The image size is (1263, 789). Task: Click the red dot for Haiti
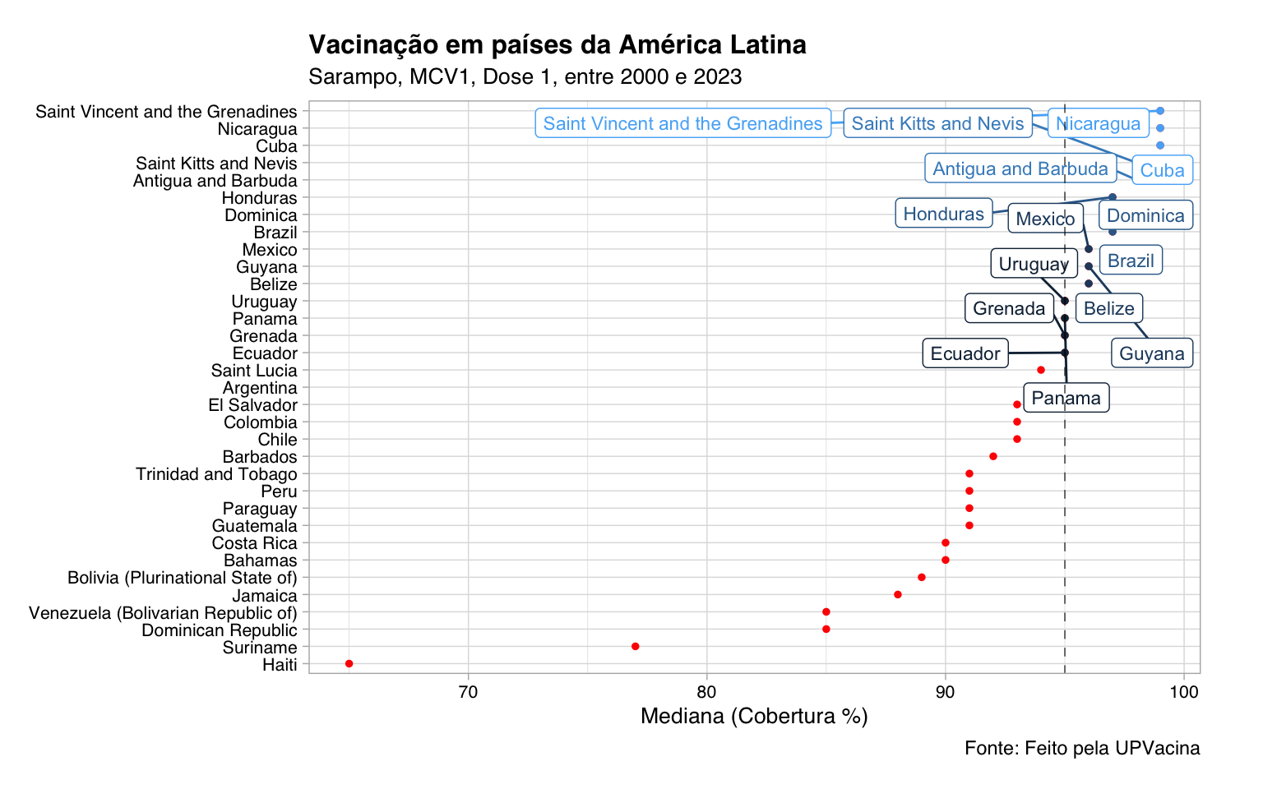[349, 663]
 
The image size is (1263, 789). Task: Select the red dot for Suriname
[635, 646]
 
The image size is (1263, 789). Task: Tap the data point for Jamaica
[897, 594]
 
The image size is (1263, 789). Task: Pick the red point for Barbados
[992, 456]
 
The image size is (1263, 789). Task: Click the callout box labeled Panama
[1066, 399]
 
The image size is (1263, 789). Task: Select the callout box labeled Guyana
[1151, 354]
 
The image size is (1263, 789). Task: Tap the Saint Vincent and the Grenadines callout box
[682, 124]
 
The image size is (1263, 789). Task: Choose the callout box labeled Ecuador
[965, 354]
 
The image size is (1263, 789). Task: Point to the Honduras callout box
[943, 215]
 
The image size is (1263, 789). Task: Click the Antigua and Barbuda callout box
[1020, 169]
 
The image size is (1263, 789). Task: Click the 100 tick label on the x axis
[1183, 691]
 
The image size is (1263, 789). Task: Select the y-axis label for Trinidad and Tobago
[216, 474]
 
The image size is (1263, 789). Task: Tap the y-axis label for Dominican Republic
[219, 630]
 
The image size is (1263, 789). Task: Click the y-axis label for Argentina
[260, 388]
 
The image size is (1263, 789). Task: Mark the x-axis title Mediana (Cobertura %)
[754, 717]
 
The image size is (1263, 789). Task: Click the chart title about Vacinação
[557, 44]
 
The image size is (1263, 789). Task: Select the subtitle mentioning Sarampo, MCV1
[525, 77]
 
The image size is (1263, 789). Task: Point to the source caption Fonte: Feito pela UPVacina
[1081, 748]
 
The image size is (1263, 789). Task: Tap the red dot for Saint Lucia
[1040, 370]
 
